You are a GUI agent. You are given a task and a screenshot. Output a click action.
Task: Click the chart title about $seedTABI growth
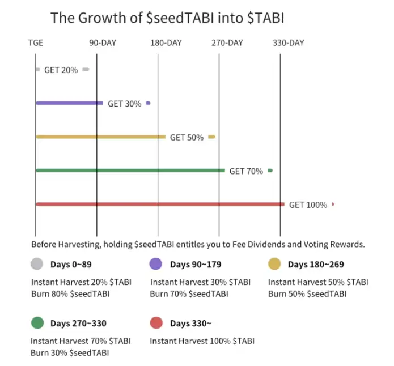167,18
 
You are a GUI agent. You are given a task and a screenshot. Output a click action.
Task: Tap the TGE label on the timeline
36,43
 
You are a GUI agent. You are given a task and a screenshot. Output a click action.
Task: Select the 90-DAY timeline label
103,43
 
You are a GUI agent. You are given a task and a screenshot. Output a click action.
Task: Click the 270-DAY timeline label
227,43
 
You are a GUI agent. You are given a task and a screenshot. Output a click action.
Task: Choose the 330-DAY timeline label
288,43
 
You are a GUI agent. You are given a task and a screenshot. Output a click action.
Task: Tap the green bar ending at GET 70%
130,171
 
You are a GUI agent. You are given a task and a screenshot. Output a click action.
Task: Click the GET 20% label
61,70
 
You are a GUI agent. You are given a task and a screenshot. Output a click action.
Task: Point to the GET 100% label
308,205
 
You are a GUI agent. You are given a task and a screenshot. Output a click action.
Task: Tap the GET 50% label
187,138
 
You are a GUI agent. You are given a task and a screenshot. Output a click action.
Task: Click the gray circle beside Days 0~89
37,264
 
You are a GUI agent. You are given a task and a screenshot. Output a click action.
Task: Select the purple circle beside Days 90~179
156,264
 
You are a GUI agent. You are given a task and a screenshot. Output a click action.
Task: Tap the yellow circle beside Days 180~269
274,264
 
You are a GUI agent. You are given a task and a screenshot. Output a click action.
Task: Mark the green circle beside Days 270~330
37,324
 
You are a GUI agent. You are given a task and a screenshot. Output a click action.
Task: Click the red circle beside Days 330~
156,324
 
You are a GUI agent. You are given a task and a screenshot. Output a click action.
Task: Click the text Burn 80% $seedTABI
70,293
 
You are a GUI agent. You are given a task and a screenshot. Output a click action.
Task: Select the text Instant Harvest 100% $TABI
202,341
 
